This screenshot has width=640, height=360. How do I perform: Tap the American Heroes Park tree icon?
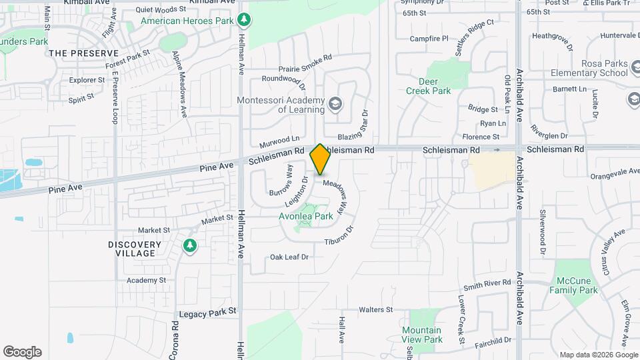[245, 20]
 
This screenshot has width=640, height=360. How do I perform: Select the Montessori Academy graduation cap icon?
[335, 103]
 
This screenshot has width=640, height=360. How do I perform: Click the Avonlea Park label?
[305, 216]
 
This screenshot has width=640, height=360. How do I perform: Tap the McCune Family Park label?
[573, 285]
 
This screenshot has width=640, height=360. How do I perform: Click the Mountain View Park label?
[422, 335]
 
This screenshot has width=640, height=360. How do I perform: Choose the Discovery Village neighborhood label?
[134, 249]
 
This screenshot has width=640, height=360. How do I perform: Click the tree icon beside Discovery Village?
[190, 247]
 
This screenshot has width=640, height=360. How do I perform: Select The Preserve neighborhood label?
[83, 53]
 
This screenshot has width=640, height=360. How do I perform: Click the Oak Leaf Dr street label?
[289, 257]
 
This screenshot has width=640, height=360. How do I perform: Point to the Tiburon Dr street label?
[339, 236]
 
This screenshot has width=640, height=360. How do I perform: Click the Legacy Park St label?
[208, 311]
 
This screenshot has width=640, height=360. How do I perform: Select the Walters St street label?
[375, 310]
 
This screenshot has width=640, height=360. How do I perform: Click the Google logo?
[22, 352]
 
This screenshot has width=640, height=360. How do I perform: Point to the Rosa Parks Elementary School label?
[586, 67]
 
